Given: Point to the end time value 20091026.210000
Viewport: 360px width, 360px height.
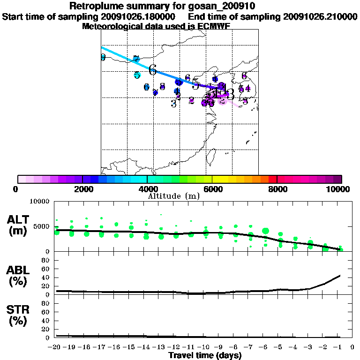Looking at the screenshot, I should [320, 17].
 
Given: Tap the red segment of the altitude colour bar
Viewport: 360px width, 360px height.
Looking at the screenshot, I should [273, 179].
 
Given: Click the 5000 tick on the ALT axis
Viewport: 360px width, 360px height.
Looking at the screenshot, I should [42, 227].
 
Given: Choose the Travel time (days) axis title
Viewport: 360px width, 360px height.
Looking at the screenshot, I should [205, 355].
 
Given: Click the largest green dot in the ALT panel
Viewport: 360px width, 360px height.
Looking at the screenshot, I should [266, 231].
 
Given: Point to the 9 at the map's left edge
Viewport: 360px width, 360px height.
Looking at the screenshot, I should [103, 58].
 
